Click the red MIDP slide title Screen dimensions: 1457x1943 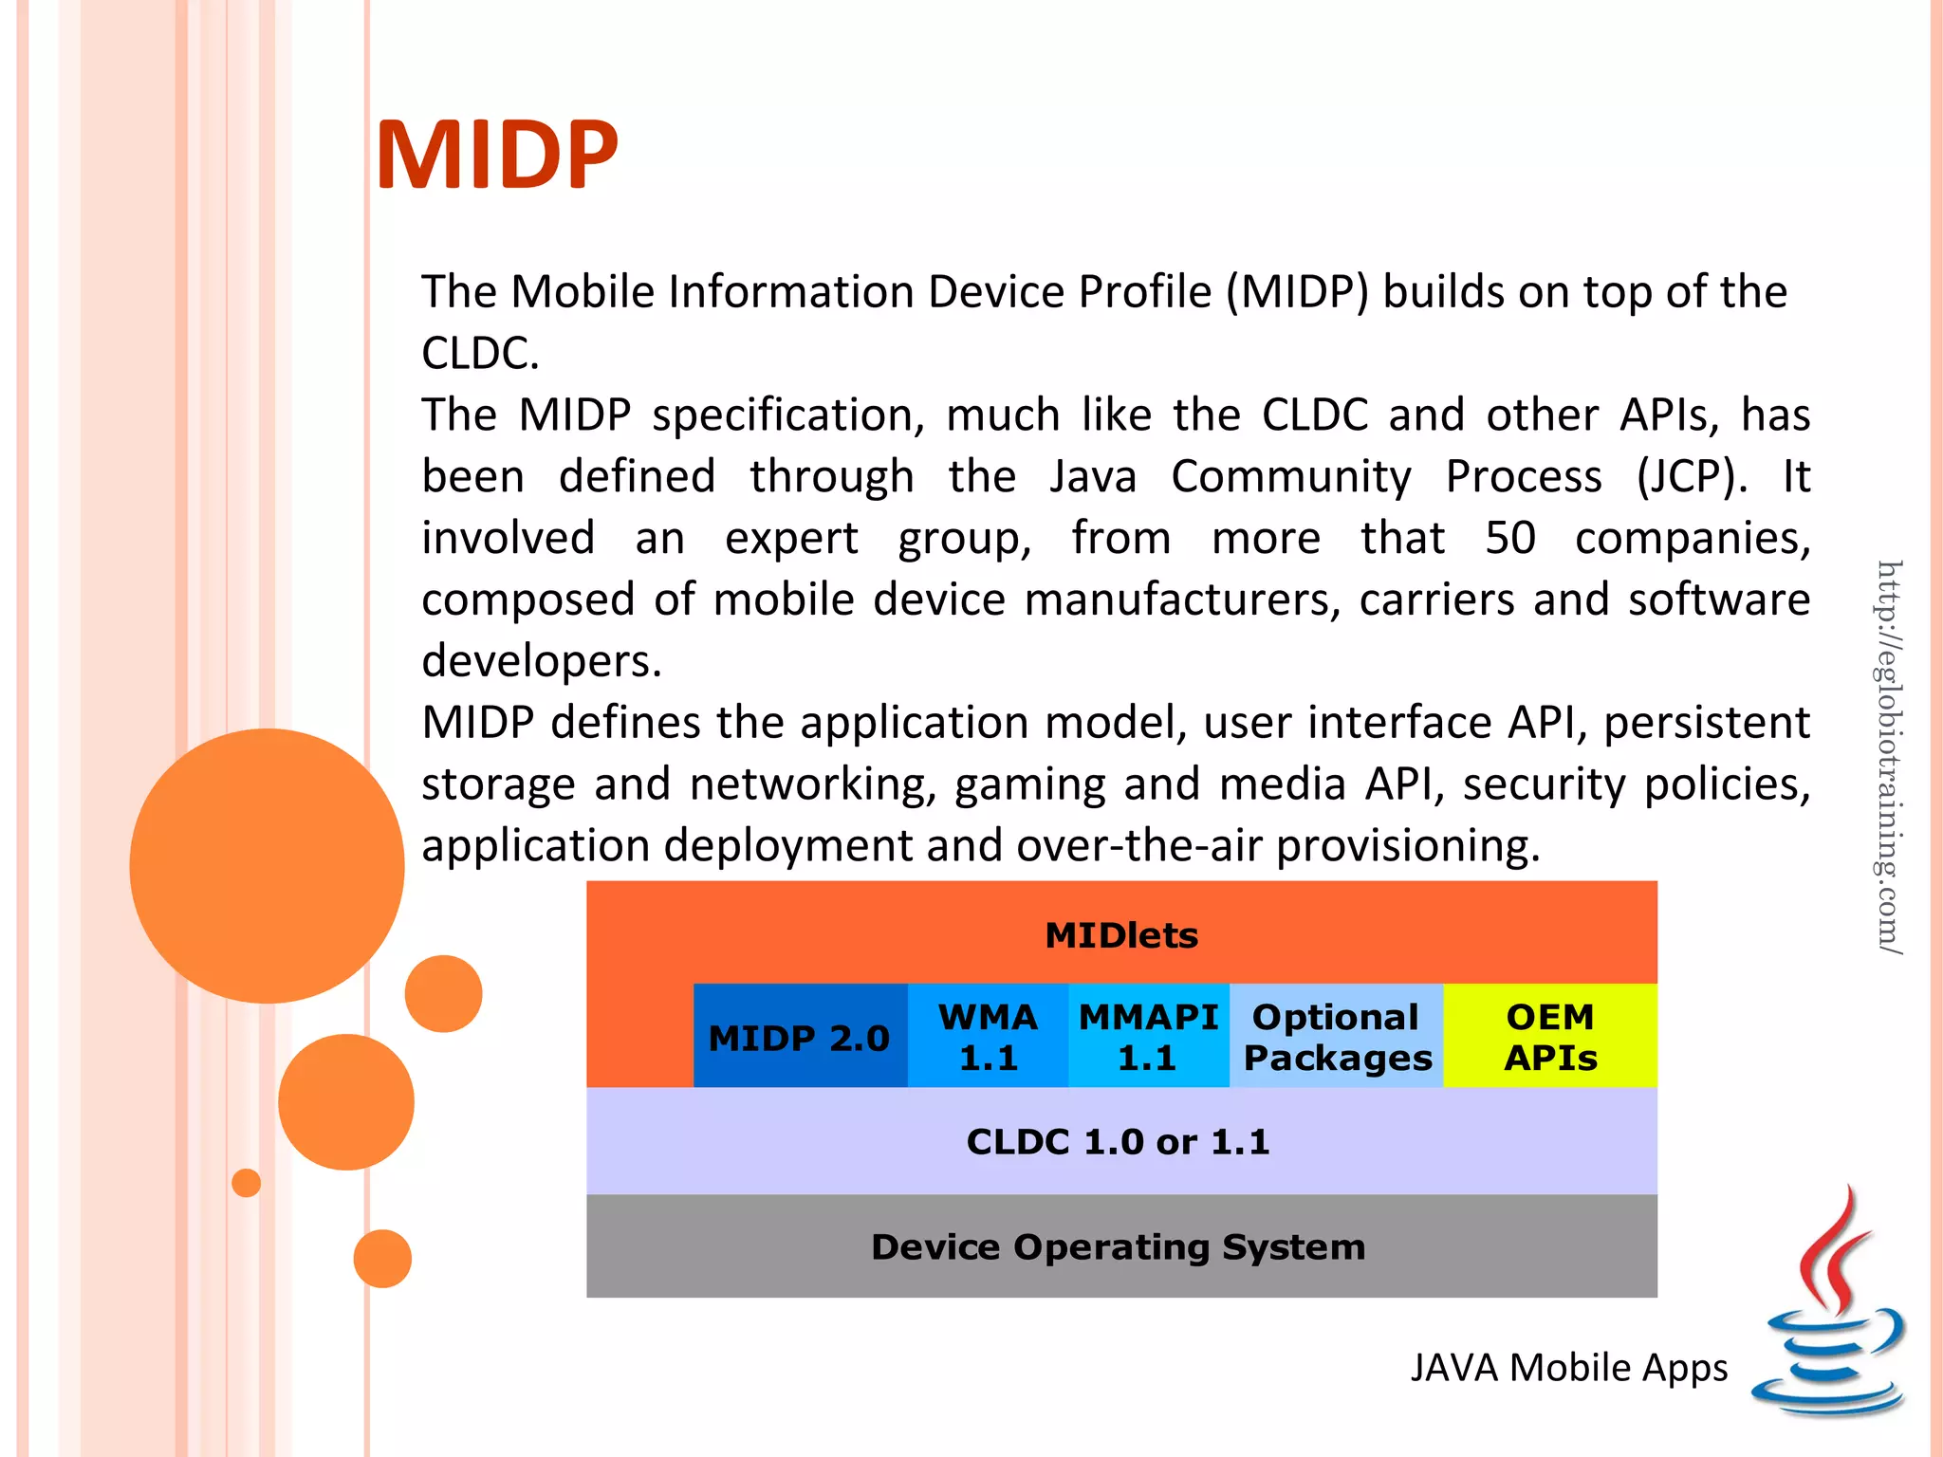click(497, 155)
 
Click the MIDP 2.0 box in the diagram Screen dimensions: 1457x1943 click(799, 1037)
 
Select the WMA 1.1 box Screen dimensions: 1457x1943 click(988, 1037)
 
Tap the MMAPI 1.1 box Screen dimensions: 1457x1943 click(1148, 1037)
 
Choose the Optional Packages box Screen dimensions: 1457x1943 click(1337, 1037)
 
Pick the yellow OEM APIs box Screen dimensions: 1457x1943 click(1550, 1037)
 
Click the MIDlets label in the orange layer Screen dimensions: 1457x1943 click(1121, 935)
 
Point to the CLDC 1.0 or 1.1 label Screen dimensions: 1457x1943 click(1118, 1141)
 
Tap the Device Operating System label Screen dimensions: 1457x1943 click(1118, 1246)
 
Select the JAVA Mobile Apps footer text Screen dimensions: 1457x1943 click(1568, 1368)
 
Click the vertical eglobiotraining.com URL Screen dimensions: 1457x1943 click(1889, 756)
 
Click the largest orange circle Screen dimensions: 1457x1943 click(267, 865)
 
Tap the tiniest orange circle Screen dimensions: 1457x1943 click(246, 1183)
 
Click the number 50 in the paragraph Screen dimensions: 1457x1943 click(1509, 538)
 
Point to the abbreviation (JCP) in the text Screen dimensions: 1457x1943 click(1692, 476)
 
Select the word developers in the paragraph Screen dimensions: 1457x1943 click(541, 661)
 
